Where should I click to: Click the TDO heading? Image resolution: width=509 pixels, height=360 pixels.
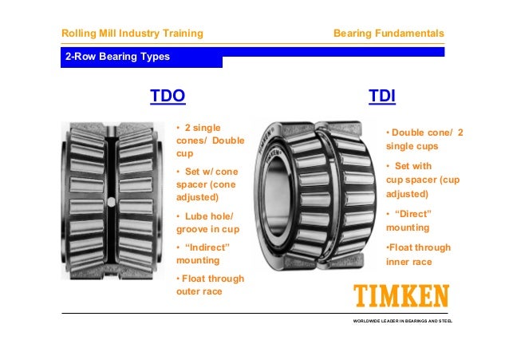168,97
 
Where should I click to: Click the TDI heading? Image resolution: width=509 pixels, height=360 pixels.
383,97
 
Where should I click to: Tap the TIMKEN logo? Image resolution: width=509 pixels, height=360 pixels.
401,296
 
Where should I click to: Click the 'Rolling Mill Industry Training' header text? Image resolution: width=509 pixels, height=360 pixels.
132,34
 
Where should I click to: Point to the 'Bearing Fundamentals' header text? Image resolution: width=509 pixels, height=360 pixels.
389,34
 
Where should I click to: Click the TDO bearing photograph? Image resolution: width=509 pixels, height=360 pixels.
111,201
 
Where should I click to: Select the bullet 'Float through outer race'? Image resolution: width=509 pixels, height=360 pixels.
210,284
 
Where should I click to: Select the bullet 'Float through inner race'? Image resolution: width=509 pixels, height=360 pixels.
418,254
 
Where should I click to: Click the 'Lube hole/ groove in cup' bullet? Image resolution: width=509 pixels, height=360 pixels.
207,223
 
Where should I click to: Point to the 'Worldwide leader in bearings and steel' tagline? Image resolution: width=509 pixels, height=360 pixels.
402,321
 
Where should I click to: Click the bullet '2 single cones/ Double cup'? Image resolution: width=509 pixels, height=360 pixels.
207,140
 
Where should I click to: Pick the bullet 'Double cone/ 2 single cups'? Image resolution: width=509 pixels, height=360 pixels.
424,139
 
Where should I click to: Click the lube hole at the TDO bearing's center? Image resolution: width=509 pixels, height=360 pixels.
111,201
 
